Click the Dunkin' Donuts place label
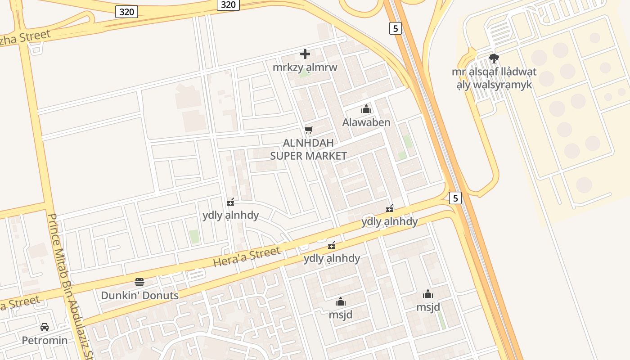tap(139, 296)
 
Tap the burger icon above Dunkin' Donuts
tap(139, 283)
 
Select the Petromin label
tap(45, 340)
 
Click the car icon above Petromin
tap(45, 327)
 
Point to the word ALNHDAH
tap(308, 143)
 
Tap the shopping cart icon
tap(308, 130)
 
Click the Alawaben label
tap(366, 122)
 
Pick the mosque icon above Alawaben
tap(366, 109)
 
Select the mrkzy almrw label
tap(305, 67)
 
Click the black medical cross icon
tap(305, 54)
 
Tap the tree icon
tap(494, 58)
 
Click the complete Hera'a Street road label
tap(247, 256)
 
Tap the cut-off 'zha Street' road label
tap(25, 37)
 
